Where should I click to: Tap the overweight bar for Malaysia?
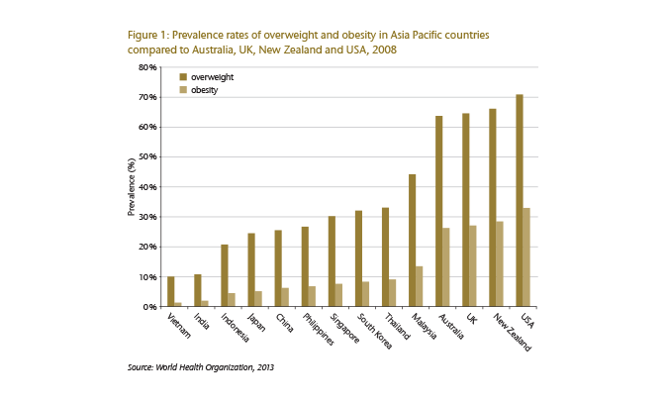pyautogui.click(x=413, y=241)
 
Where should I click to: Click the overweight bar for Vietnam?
pyautogui.click(x=170, y=292)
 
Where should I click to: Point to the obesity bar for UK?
pyautogui.click(x=473, y=266)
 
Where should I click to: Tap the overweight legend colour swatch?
pyautogui.click(x=182, y=76)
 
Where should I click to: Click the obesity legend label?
pyautogui.click(x=204, y=90)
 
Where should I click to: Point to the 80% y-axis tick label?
pyautogui.click(x=146, y=67)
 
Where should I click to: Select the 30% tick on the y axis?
pyautogui.click(x=146, y=217)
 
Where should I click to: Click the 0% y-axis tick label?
pyautogui.click(x=149, y=307)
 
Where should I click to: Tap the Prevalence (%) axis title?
pyautogui.click(x=131, y=187)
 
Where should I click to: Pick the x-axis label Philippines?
pyautogui.click(x=319, y=331)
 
